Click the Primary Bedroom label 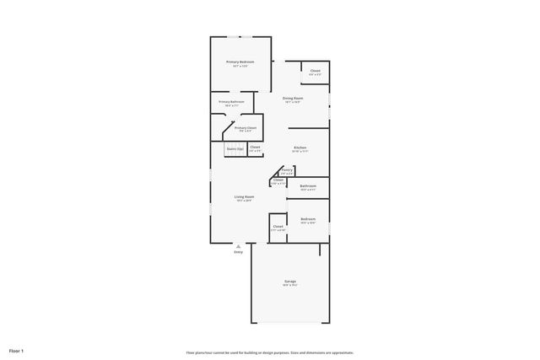tap(240, 62)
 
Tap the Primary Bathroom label tap(231, 102)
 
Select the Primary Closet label tap(246, 128)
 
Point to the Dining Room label tap(293, 99)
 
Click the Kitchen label tap(300, 148)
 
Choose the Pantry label tap(287, 170)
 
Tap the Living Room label tap(245, 197)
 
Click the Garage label tap(289, 281)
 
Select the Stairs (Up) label tap(235, 148)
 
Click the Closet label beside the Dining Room tap(315, 71)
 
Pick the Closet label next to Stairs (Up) tap(255, 148)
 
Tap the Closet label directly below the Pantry tap(278, 180)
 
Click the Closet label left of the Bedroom tap(278, 227)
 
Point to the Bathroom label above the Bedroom tap(308, 186)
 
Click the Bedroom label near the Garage tap(308, 219)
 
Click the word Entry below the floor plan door tap(238, 252)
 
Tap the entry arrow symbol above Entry tap(238, 246)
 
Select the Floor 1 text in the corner tap(17, 350)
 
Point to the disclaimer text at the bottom tap(270, 352)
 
